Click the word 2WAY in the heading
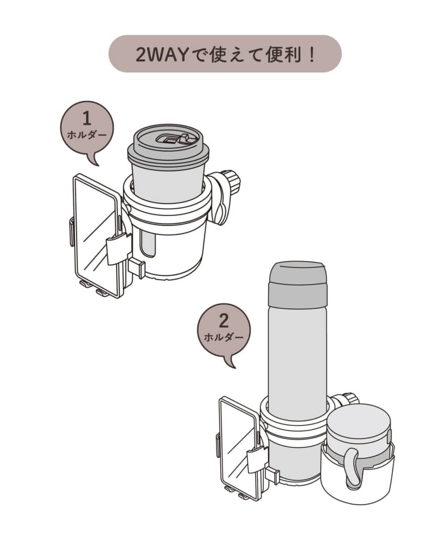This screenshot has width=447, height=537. click(x=162, y=55)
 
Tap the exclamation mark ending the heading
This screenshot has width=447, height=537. click(x=311, y=54)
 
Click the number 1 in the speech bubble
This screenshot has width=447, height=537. click(x=87, y=119)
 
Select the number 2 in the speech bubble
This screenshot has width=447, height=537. click(x=223, y=321)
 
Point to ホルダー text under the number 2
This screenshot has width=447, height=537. click(x=223, y=337)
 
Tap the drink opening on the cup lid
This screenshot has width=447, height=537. click(x=168, y=138)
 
